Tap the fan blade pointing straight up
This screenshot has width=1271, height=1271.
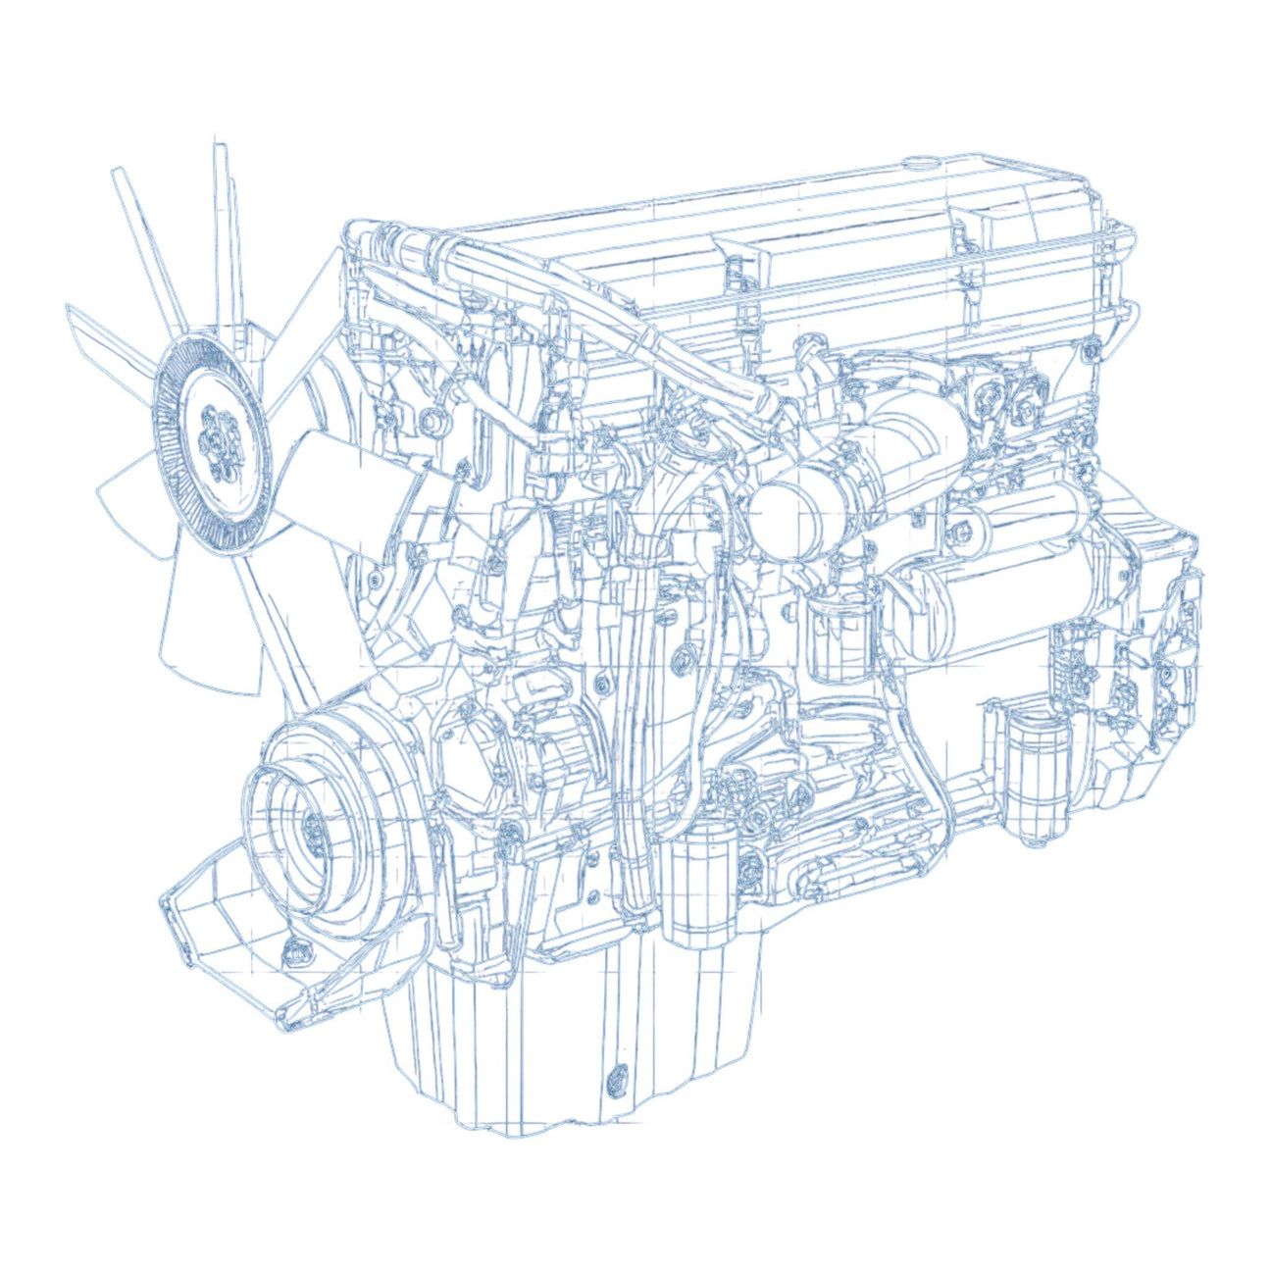pos(228,235)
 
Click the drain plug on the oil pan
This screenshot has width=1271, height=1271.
pos(619,1079)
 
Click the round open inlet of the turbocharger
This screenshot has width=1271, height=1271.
pos(785,510)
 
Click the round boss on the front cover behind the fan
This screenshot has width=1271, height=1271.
pos(432,422)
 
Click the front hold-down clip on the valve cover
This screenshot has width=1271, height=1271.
pos(732,266)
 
